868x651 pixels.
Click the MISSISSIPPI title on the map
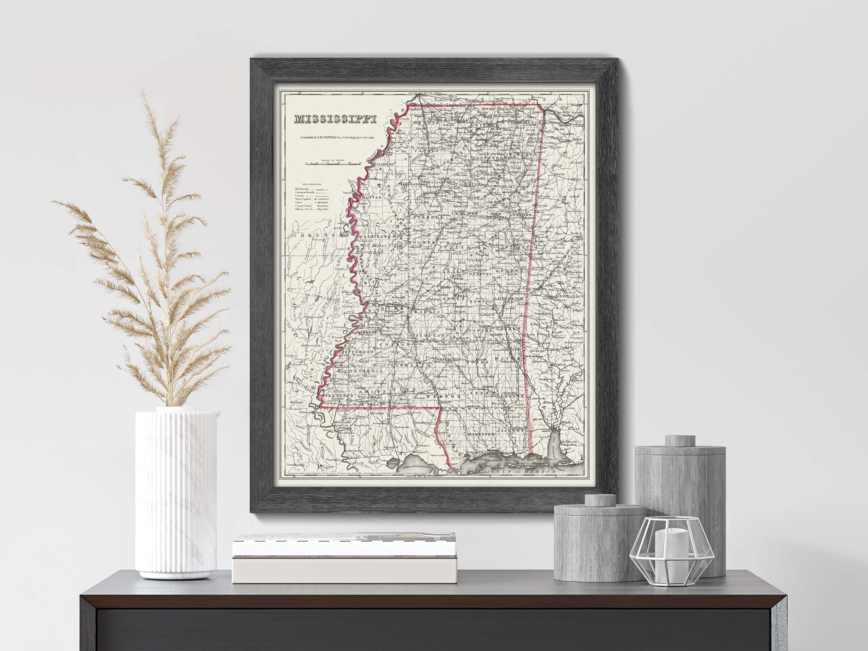click(x=335, y=118)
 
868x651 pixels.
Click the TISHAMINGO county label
click(x=526, y=123)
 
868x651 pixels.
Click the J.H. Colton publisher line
click(x=335, y=137)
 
